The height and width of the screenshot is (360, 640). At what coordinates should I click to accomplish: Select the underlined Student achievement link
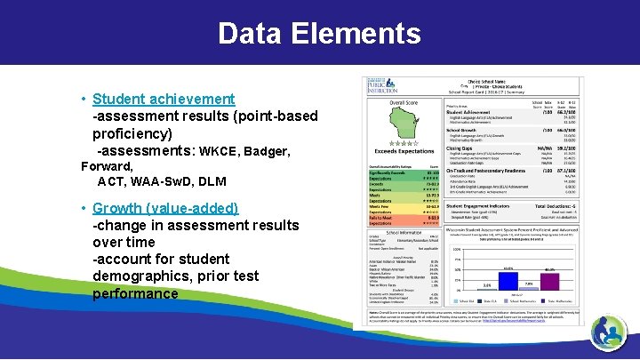[x=164, y=99]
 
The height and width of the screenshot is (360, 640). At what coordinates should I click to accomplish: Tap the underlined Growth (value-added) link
[x=165, y=208]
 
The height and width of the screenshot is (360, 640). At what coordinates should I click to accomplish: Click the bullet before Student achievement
[x=83, y=99]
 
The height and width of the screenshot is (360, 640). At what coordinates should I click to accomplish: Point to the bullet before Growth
[x=83, y=208]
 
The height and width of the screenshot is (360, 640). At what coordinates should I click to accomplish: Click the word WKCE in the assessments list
[x=219, y=152]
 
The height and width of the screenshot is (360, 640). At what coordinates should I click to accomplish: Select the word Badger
[x=266, y=152]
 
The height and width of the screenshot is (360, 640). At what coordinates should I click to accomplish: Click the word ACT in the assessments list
[x=112, y=181]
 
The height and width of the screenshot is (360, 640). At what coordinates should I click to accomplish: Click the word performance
[x=134, y=293]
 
